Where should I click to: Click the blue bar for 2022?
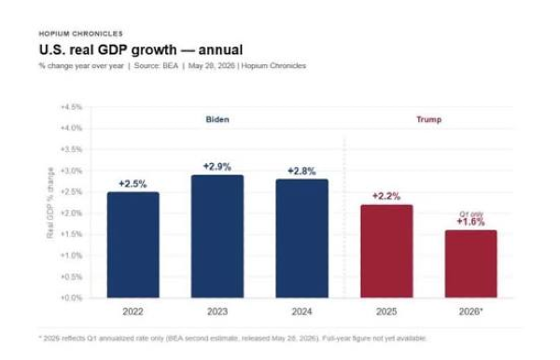[133, 244]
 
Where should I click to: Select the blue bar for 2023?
[217, 236]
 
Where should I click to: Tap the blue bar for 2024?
[301, 239]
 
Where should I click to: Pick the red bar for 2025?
[386, 251]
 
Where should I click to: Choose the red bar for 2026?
[470, 264]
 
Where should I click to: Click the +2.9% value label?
[217, 167]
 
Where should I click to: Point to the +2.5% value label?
[133, 184]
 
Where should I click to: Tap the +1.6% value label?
[470, 222]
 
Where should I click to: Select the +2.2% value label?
[386, 196]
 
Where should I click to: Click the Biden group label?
[217, 119]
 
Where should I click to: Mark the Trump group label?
[429, 119]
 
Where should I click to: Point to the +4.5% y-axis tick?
[72, 107]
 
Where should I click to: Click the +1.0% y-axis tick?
[72, 256]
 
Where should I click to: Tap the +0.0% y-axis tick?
[72, 298]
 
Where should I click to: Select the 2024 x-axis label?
[301, 312]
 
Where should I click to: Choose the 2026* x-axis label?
[470, 312]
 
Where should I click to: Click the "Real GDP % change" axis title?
[50, 202]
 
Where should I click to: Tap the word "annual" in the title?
[220, 50]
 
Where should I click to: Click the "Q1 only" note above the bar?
[471, 215]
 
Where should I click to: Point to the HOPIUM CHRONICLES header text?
[80, 34]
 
